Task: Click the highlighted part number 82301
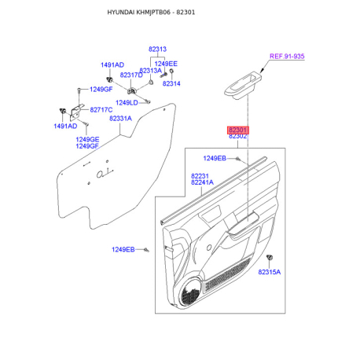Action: click(x=237, y=129)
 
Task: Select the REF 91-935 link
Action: click(x=288, y=56)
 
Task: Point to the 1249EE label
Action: click(x=166, y=63)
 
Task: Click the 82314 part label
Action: click(x=171, y=83)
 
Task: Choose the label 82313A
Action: click(x=150, y=70)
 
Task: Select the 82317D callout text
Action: click(x=131, y=75)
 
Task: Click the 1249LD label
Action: click(x=126, y=102)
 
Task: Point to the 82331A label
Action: click(x=120, y=118)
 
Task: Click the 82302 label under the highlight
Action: click(x=237, y=137)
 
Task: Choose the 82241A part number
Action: click(x=202, y=183)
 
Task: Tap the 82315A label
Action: click(x=269, y=271)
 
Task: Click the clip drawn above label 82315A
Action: click(x=270, y=259)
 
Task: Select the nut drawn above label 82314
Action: click(x=172, y=73)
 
